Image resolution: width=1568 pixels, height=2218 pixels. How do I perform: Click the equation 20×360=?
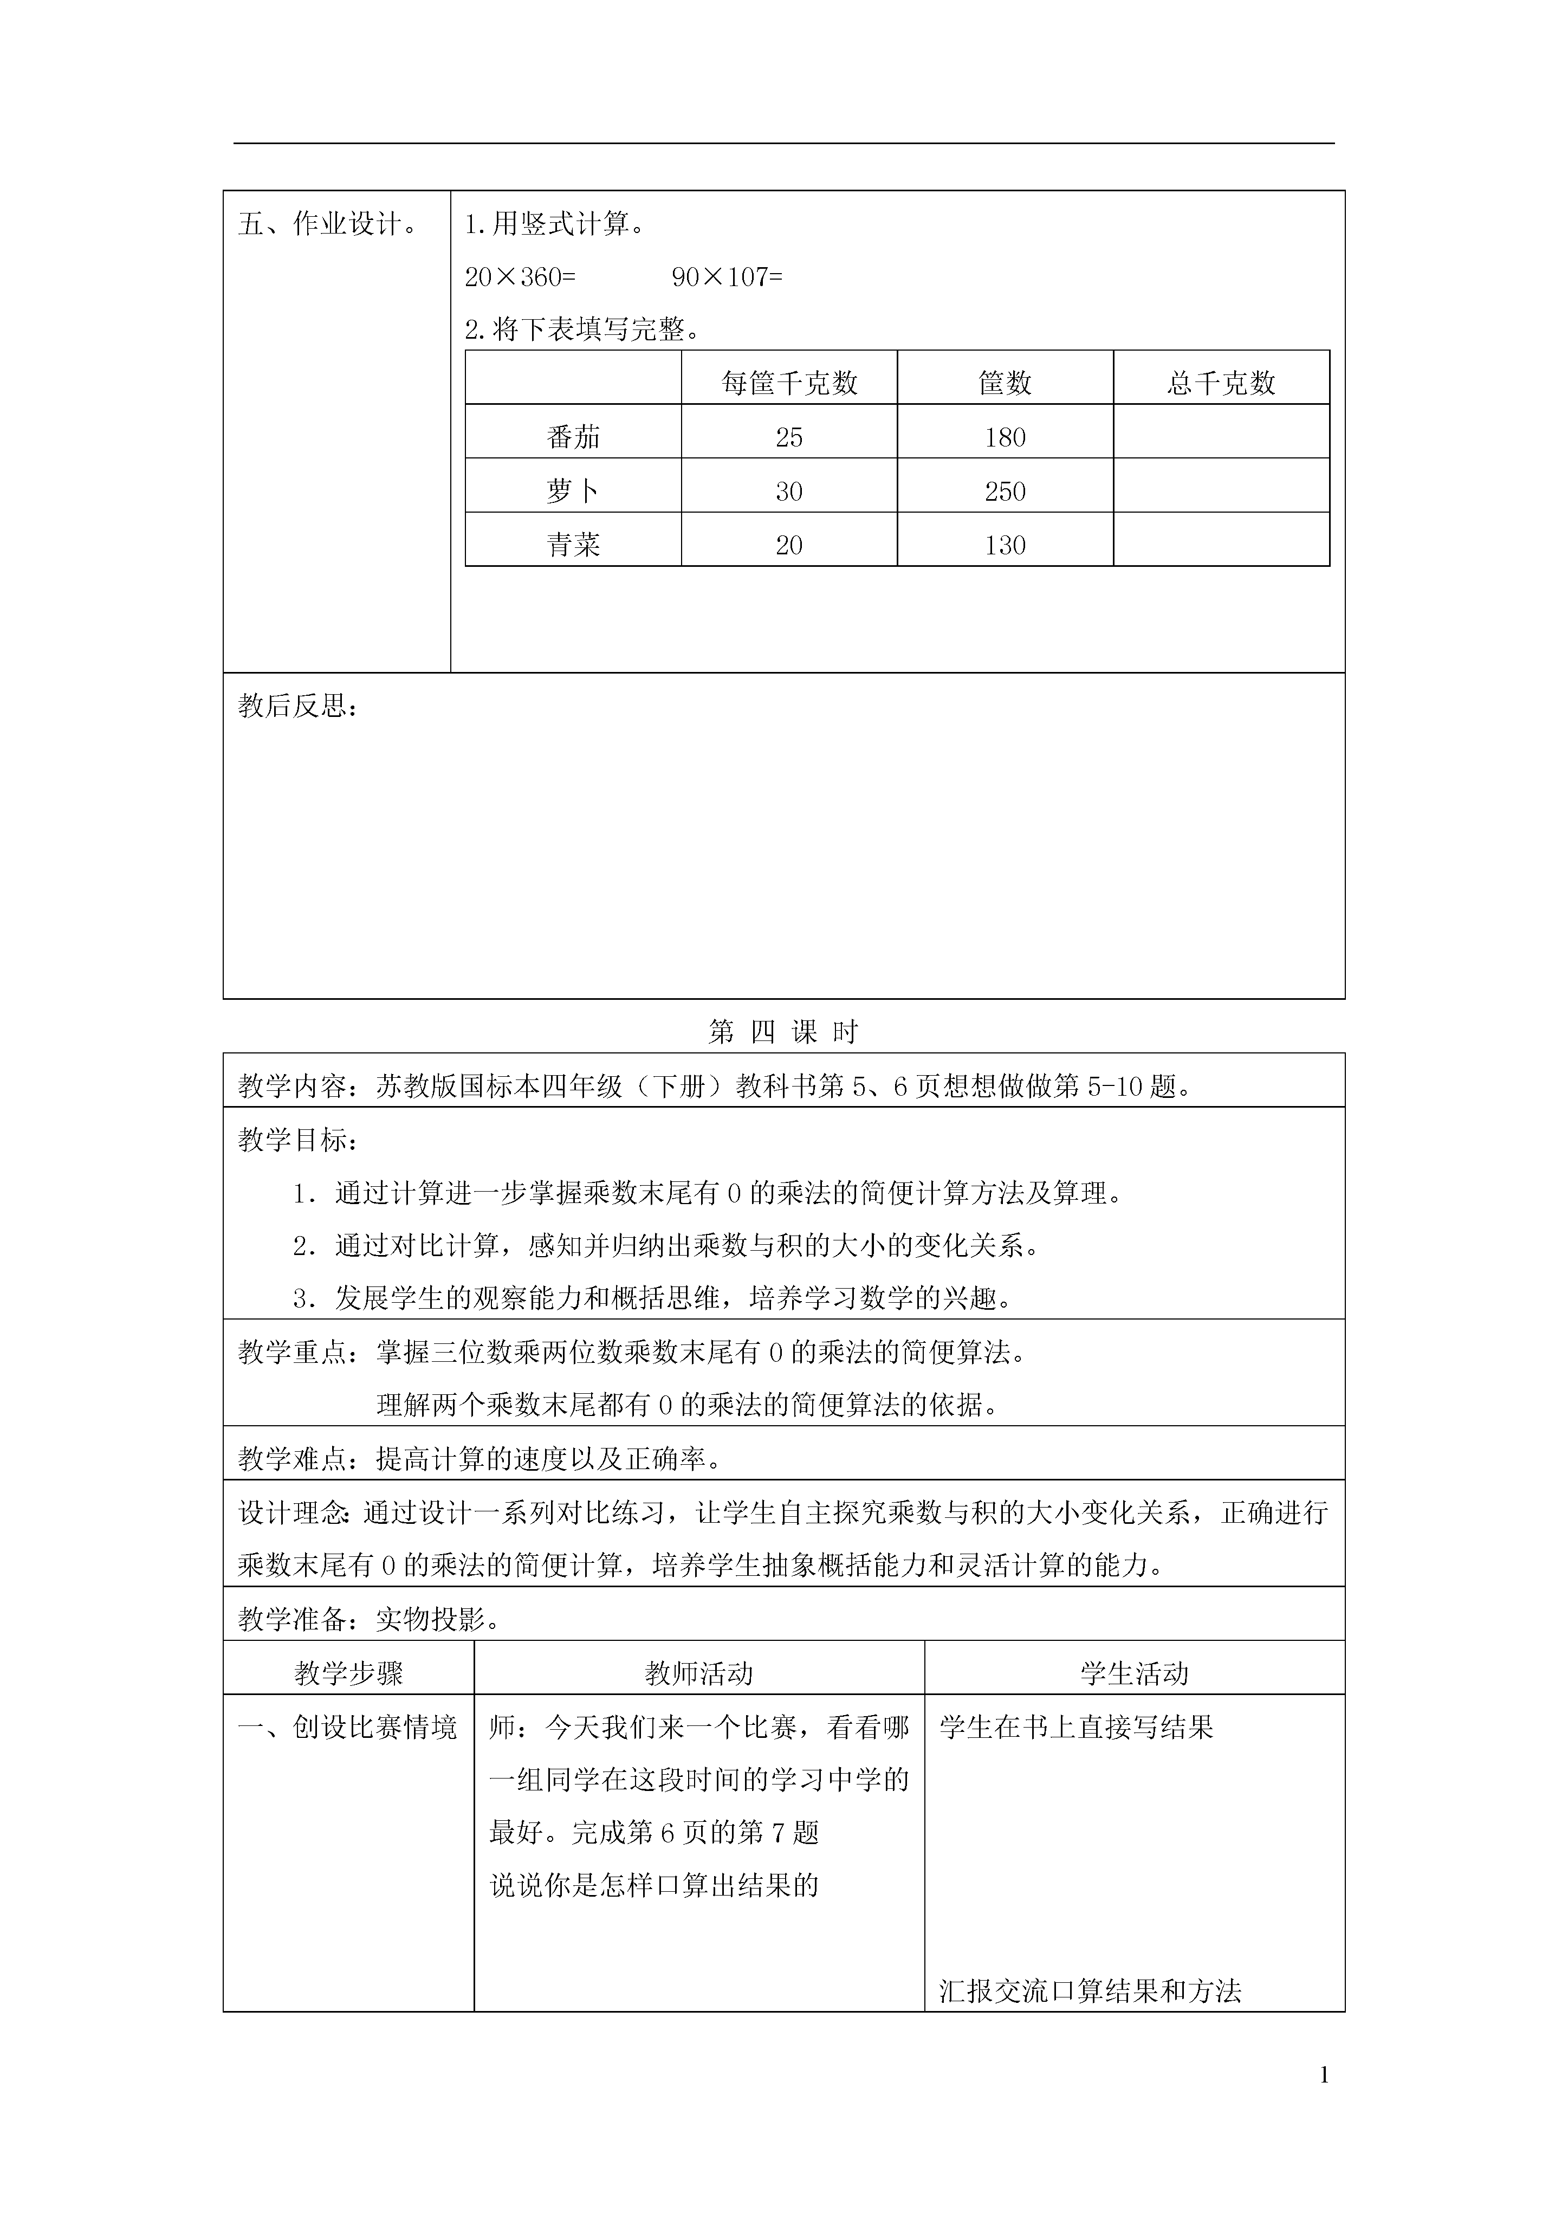(x=520, y=277)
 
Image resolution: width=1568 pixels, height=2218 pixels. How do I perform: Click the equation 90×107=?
(x=727, y=277)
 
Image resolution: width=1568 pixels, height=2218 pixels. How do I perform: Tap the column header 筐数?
(x=1005, y=384)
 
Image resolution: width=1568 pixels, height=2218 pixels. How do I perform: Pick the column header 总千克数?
(x=1221, y=384)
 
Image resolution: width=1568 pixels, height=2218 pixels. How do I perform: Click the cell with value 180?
(x=1005, y=438)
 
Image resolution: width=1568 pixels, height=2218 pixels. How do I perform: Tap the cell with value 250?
(x=1005, y=492)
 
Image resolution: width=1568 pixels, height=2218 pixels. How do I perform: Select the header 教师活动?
(x=698, y=1674)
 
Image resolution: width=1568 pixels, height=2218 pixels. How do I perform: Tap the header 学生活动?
(x=1134, y=1674)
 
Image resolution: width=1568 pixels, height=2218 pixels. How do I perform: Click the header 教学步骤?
(x=349, y=1674)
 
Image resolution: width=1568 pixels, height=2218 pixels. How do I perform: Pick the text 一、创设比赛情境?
(x=348, y=1728)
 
